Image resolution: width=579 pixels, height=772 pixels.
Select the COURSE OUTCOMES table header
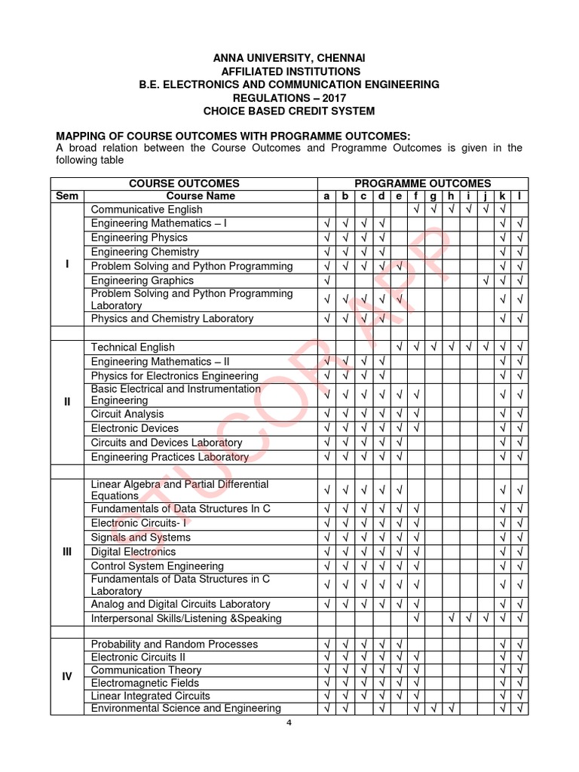pyautogui.click(x=184, y=183)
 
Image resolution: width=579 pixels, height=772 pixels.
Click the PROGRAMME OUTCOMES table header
pyautogui.click(x=422, y=183)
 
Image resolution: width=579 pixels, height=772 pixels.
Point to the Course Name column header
pyautogui.click(x=200, y=196)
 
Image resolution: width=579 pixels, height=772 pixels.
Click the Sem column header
pyautogui.click(x=67, y=196)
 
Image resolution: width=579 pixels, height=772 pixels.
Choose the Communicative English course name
pyautogui.click(x=146, y=210)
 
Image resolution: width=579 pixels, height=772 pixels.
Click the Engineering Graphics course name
pyautogui.click(x=142, y=280)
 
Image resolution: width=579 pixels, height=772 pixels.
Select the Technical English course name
pyautogui.click(x=133, y=347)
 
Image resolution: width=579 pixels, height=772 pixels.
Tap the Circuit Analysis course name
pyautogui.click(x=127, y=414)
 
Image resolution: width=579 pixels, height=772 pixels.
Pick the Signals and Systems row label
pyautogui.click(x=141, y=538)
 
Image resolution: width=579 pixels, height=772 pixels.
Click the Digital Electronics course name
pyautogui.click(x=133, y=552)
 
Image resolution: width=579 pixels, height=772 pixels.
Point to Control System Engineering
pyautogui.click(x=158, y=566)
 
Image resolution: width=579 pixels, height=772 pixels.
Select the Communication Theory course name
pyautogui.click(x=146, y=670)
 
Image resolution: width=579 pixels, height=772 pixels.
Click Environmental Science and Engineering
pyautogui.click(x=186, y=709)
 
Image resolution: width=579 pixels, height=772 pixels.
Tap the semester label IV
pyautogui.click(x=67, y=676)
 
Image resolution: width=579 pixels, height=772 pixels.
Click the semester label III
pyautogui.click(x=67, y=552)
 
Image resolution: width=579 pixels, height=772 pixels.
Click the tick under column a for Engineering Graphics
pyautogui.click(x=326, y=280)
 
